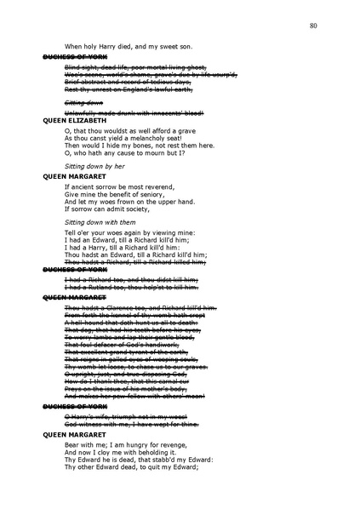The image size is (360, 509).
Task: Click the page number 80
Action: (x=314, y=27)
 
